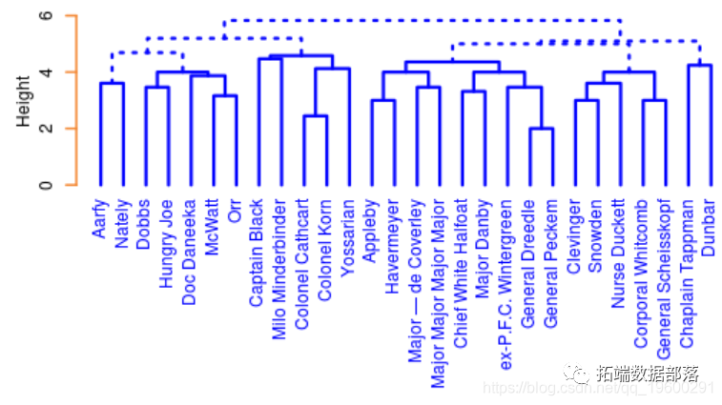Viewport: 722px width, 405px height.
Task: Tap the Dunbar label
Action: click(709, 225)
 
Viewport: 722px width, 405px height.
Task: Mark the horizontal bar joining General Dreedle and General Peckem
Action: click(541, 129)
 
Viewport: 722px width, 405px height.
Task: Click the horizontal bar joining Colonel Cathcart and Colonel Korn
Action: click(315, 116)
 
